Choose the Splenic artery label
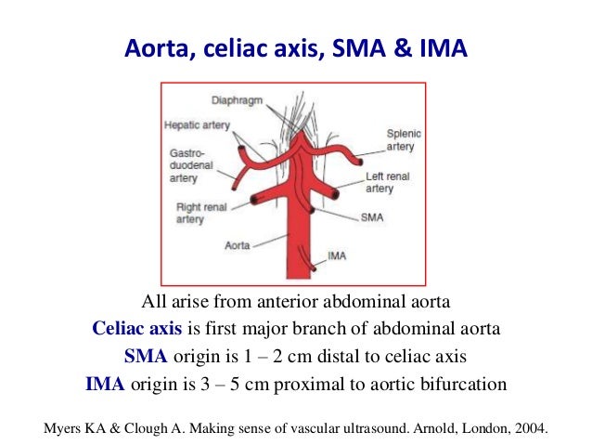point(400,140)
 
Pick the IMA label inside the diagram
point(338,255)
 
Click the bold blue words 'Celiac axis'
point(136,328)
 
